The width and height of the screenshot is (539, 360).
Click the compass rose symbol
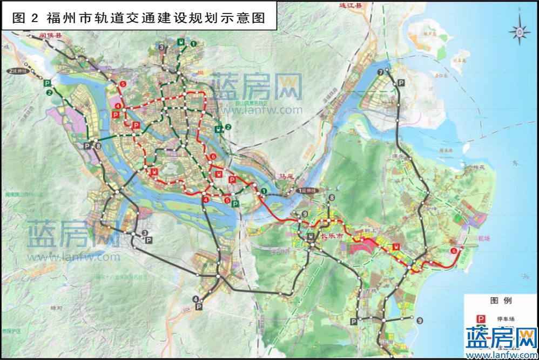[x=519, y=32]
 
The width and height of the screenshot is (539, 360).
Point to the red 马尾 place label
[x=284, y=175]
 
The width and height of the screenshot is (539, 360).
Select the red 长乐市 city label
[x=332, y=236]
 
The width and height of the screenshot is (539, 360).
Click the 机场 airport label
[x=468, y=237]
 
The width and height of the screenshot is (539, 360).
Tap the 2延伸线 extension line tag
[x=17, y=71]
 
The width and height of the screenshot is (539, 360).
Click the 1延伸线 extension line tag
[x=308, y=191]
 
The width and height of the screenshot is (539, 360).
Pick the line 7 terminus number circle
[x=381, y=72]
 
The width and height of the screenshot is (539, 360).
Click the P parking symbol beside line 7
[x=400, y=82]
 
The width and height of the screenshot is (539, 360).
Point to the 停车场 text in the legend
[x=506, y=319]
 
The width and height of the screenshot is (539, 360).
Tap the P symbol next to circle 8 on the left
[x=87, y=146]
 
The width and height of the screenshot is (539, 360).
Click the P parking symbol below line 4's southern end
[x=199, y=307]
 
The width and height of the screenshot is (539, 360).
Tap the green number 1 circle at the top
[x=193, y=43]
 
